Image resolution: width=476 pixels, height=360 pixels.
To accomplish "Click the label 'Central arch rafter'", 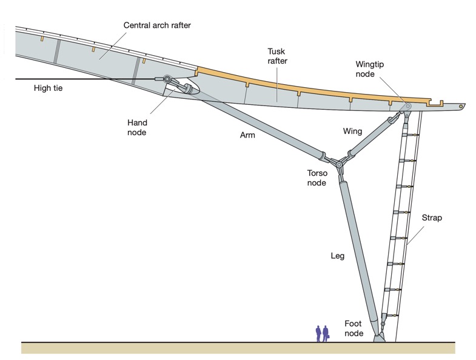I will [157, 25].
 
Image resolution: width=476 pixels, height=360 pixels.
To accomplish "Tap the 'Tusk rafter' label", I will [277, 56].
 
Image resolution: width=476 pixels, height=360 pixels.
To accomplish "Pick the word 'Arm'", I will [247, 135].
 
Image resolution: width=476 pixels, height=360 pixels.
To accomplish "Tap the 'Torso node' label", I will [318, 178].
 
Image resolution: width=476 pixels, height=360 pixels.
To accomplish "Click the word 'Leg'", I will [337, 256].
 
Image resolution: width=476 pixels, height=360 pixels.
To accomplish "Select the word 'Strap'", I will [431, 218].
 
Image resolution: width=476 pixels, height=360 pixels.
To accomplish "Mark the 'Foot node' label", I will [354, 328].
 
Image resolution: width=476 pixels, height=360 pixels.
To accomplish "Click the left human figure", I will [318, 333].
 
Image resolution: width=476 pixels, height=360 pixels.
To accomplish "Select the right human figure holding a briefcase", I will [326, 333].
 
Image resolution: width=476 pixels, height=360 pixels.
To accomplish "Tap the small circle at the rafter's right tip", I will [462, 106].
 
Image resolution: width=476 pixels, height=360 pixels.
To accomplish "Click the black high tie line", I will [79, 79].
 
